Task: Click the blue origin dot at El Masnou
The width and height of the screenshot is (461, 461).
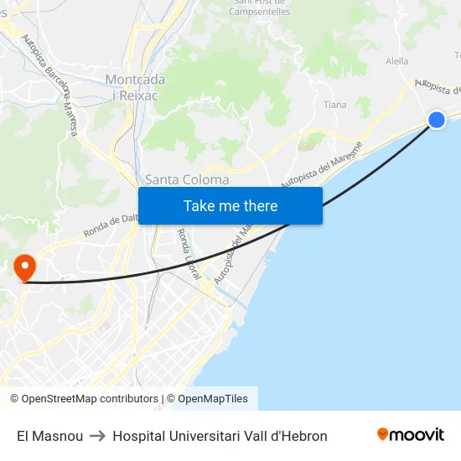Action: pos(437,120)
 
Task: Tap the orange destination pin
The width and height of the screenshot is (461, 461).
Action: pos(25,267)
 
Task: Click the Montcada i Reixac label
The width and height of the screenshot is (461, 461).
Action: pos(135,86)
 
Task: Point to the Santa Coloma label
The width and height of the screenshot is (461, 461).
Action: pos(187,179)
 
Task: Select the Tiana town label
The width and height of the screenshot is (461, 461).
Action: pos(334,105)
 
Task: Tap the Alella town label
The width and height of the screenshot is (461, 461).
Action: pos(396,61)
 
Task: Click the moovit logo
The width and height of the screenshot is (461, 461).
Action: pos(410,435)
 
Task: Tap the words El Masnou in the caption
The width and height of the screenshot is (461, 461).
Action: pos(49,436)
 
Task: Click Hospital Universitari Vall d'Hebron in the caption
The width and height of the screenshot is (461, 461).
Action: pos(220,436)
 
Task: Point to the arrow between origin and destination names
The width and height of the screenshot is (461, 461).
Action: pos(97,436)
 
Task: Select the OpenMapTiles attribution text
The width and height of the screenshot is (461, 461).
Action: pos(213,399)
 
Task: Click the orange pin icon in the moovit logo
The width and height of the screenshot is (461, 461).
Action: pos(383,434)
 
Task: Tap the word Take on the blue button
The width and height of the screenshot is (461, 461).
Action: pos(200,205)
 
